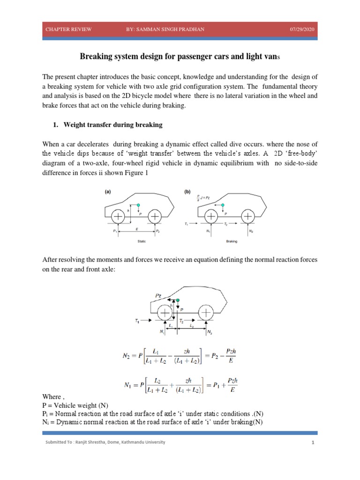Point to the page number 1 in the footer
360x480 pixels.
tap(312, 442)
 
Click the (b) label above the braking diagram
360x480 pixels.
tap(187, 192)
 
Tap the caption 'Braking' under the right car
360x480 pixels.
tap(232, 241)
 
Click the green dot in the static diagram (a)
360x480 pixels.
tap(138, 205)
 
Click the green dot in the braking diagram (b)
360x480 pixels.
tap(223, 205)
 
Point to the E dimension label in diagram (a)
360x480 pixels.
tap(137, 229)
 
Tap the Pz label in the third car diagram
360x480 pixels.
tap(158, 296)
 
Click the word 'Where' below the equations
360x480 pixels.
tap(51, 397)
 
